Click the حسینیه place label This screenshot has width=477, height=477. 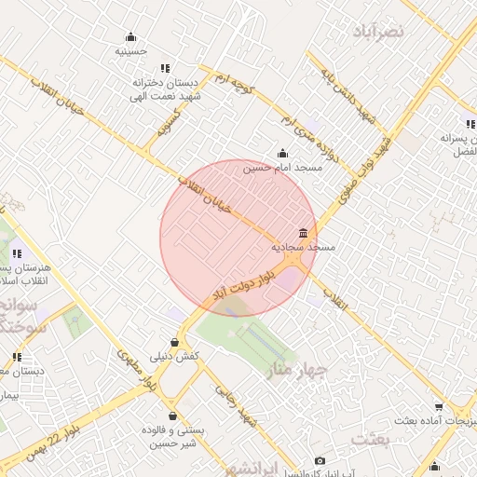click(x=130, y=51)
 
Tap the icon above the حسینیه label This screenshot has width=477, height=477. click(x=130, y=38)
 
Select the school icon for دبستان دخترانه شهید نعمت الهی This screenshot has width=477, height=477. click(x=165, y=68)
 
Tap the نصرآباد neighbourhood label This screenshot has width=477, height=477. click(x=379, y=31)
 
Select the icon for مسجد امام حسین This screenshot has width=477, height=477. click(x=282, y=154)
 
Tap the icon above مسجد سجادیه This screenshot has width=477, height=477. click(x=303, y=233)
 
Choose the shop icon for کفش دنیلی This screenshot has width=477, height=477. click(x=174, y=343)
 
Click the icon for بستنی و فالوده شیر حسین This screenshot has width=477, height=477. click(x=172, y=416)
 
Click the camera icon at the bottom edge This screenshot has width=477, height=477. click(x=320, y=460)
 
